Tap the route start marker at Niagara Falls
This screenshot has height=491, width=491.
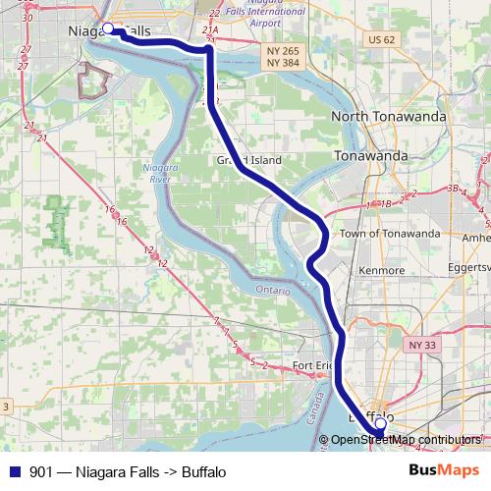[x=108, y=29]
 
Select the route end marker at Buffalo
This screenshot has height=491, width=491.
[x=380, y=424]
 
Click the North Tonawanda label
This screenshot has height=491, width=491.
[x=388, y=116]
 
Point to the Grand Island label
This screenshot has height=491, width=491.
[x=249, y=160]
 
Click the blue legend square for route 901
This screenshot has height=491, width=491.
[x=15, y=471]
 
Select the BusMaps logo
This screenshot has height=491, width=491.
[x=445, y=471]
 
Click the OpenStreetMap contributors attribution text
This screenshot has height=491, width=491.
[x=406, y=439]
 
